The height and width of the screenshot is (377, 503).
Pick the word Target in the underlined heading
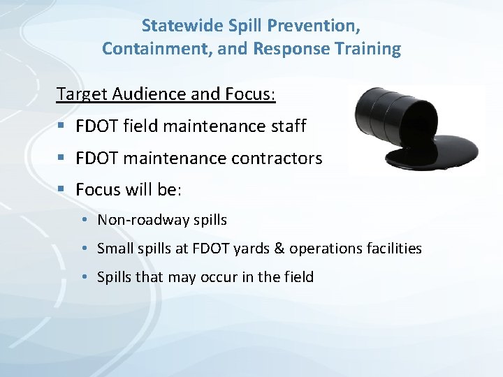pyautogui.click(x=79, y=94)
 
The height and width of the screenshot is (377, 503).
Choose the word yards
pyautogui.click(x=260, y=249)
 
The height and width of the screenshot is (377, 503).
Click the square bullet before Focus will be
pyautogui.click(x=62, y=190)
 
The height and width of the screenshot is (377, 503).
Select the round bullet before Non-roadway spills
pyautogui.click(x=83, y=221)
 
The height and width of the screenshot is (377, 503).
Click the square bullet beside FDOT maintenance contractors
pyautogui.click(x=62, y=159)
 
